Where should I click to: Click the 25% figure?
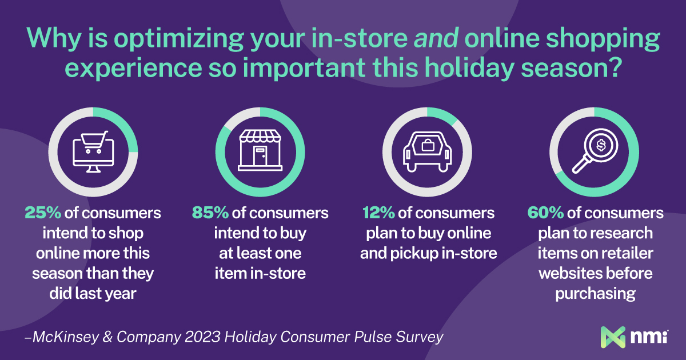point(43,213)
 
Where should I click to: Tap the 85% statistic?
point(210,213)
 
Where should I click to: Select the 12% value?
point(378,213)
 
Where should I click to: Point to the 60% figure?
point(545,213)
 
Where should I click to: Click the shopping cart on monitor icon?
point(93,152)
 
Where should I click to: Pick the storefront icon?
point(260,150)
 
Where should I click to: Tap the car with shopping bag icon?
point(427,152)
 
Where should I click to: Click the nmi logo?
point(634,337)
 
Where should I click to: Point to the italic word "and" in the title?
point(436,38)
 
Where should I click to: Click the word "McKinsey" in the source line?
point(66,337)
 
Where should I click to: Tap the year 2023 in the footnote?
point(202,337)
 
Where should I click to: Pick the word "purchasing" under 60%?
point(595,294)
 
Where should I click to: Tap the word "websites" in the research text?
point(569,273)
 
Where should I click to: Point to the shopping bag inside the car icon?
point(428,145)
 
